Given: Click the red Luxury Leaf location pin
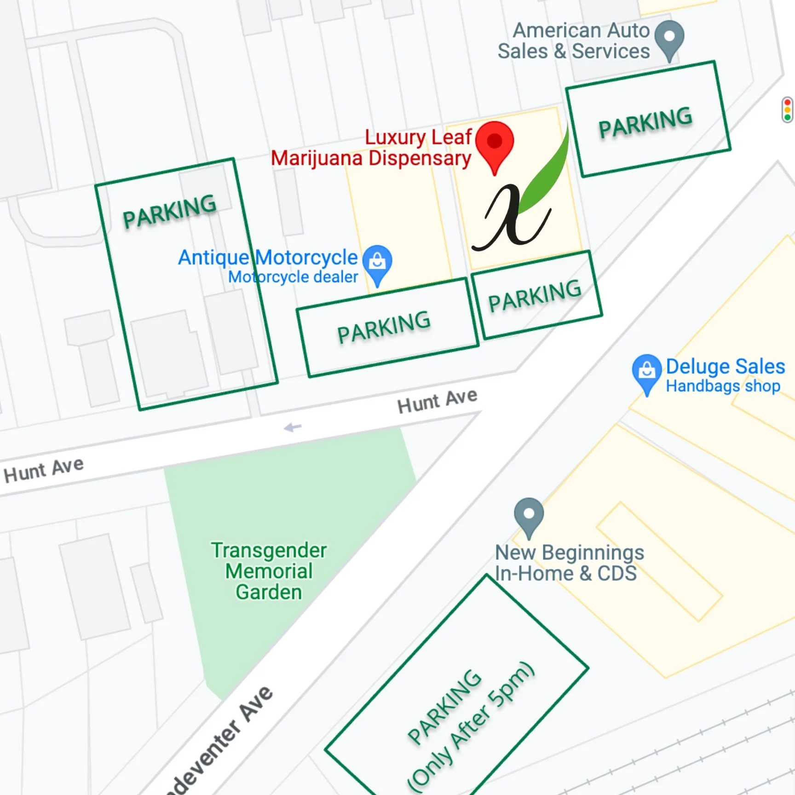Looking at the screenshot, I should (494, 143).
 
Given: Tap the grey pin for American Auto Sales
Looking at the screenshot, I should (669, 39).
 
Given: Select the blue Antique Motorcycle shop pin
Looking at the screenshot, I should (377, 263).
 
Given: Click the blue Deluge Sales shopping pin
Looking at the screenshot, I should (646, 371).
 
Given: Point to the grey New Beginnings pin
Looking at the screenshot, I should (529, 515).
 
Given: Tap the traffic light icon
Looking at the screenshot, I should (787, 110).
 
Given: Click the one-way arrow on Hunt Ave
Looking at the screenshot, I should (293, 427).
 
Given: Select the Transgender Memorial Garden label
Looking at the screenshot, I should (269, 571).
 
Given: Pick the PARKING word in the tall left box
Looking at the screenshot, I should (169, 211).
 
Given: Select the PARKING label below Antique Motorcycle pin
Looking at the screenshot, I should (384, 327).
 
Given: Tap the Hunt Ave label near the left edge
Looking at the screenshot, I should (44, 470).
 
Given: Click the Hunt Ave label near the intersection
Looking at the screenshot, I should (437, 400).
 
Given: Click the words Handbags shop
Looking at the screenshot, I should (723, 386).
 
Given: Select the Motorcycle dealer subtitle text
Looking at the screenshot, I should (293, 277).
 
